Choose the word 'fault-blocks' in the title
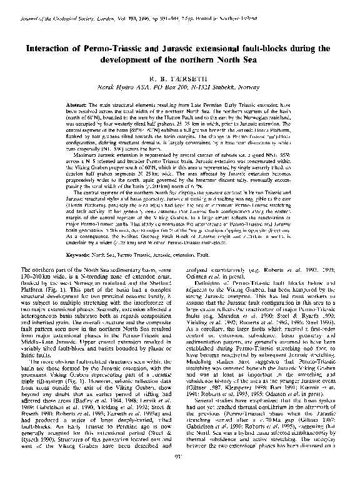tap(280, 47)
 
